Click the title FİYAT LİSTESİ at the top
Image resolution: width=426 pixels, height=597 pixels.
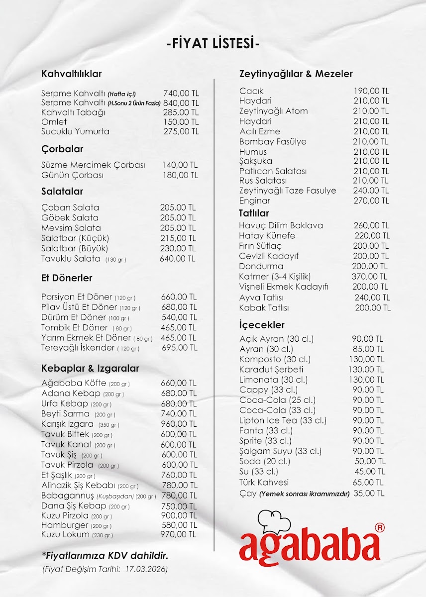(x=213, y=44)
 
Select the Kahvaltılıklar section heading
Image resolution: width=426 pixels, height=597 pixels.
(x=72, y=74)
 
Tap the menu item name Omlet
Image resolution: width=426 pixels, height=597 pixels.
(x=54, y=122)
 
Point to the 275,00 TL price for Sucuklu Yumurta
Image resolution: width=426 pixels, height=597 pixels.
(x=181, y=132)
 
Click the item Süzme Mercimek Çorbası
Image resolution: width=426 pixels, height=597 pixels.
(x=93, y=165)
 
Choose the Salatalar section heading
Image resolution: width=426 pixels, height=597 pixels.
(x=62, y=192)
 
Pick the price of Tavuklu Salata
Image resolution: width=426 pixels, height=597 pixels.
(x=178, y=259)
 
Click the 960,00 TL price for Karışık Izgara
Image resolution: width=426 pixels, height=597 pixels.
(x=179, y=424)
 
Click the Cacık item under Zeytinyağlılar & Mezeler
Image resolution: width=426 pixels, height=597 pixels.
(x=251, y=91)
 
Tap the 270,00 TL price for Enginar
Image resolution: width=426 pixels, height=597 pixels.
(x=371, y=201)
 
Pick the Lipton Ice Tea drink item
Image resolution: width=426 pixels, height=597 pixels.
(x=283, y=421)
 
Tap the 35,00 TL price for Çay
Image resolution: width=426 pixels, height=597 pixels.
(x=369, y=494)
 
